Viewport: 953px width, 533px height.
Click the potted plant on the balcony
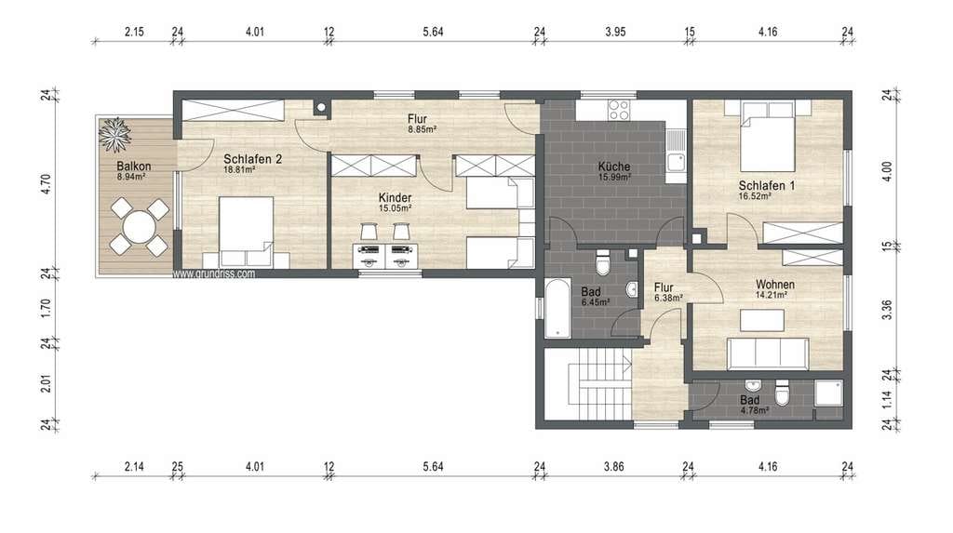click(x=114, y=134)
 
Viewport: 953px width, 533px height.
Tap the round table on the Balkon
click(x=140, y=227)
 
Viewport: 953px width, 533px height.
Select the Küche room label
click(x=614, y=167)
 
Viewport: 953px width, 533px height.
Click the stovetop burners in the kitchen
click(x=619, y=110)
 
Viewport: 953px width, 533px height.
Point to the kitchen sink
click(x=676, y=162)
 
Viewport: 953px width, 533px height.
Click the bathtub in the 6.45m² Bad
click(x=557, y=308)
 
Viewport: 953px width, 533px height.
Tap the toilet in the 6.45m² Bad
click(x=602, y=262)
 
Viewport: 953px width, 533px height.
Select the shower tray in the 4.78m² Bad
click(x=828, y=393)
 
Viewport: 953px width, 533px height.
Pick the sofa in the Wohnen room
click(x=768, y=353)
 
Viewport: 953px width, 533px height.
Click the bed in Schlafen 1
click(x=768, y=136)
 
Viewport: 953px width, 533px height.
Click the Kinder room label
click(x=395, y=198)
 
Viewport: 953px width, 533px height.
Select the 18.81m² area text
click(x=239, y=170)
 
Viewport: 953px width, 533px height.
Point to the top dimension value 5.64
click(x=434, y=32)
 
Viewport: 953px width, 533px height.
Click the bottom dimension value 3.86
click(x=614, y=467)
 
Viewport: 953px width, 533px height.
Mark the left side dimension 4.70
click(x=46, y=183)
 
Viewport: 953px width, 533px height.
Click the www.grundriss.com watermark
click(x=213, y=274)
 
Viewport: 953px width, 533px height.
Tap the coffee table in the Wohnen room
click(x=761, y=320)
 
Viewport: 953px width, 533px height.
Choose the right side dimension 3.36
click(x=887, y=310)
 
